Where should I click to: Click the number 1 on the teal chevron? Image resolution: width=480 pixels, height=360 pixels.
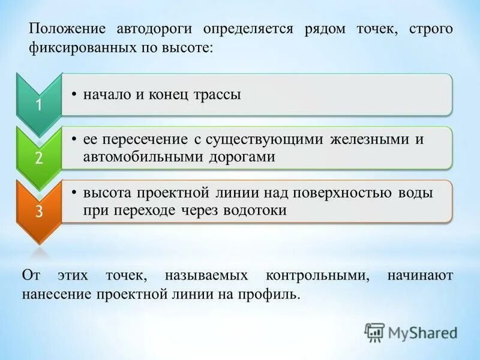pyautogui.click(x=38, y=106)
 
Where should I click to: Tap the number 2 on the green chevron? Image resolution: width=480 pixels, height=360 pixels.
pyautogui.click(x=38, y=159)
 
